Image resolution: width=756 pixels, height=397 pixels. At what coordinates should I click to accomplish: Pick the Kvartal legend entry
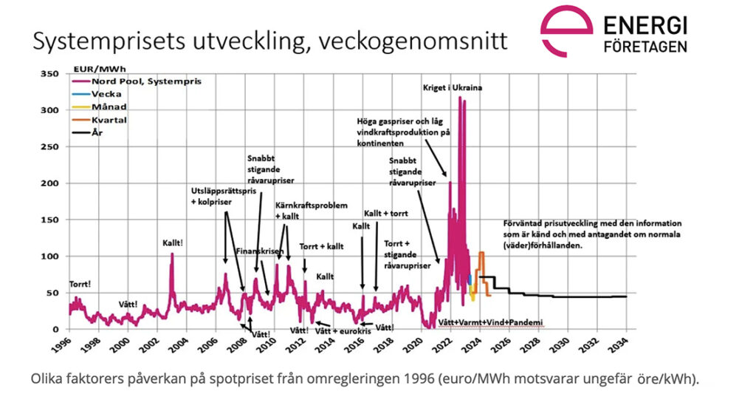109,120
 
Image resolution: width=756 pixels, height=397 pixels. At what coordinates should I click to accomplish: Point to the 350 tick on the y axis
48,74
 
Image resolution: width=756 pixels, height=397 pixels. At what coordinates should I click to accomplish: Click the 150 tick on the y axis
48,220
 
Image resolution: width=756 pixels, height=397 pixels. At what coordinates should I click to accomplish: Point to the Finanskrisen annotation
259,251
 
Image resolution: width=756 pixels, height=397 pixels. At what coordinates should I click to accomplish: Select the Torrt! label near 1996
80,284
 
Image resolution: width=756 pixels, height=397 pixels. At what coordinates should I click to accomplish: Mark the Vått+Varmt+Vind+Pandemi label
490,323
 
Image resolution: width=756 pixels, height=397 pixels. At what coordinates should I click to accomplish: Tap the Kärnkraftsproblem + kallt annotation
310,211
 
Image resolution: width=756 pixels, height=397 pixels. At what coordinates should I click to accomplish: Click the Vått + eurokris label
342,331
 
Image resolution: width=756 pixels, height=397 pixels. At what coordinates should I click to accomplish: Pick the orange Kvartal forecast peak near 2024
481,254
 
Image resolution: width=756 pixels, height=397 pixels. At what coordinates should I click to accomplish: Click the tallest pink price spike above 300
460,98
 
